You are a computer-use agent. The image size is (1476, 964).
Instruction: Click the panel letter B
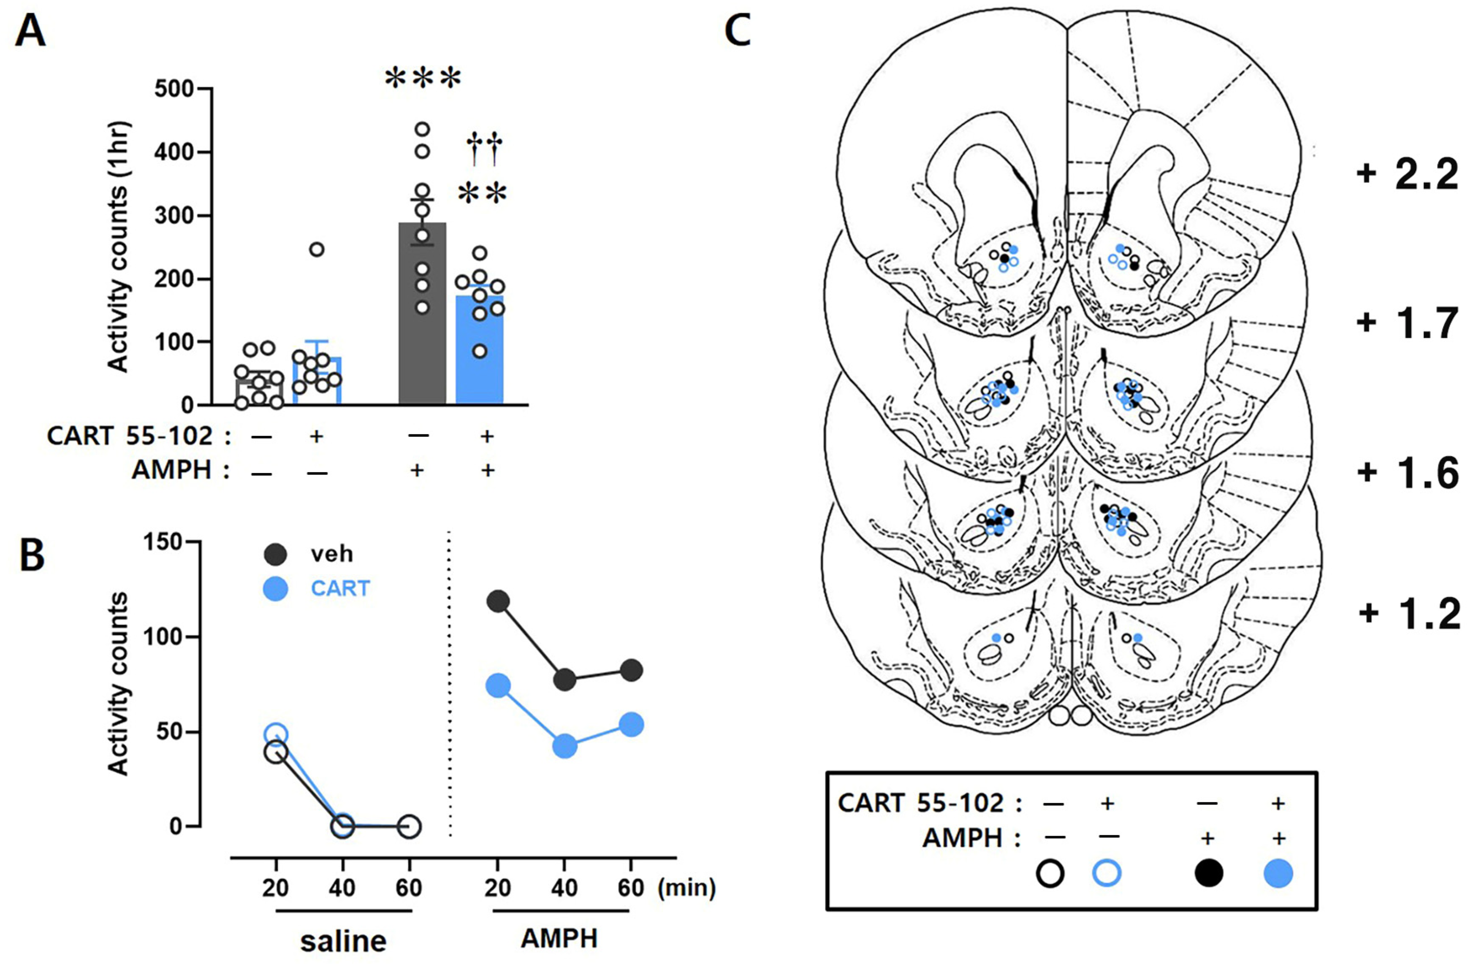[32, 556]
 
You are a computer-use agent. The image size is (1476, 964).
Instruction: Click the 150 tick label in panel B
[164, 542]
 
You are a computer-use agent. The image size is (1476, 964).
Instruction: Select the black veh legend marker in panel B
[275, 554]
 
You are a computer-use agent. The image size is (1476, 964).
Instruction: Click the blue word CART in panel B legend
[340, 588]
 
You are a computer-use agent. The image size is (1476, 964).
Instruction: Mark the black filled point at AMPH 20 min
[498, 601]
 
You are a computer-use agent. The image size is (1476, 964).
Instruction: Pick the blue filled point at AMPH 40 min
[564, 746]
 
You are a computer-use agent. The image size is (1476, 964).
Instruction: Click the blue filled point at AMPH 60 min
[631, 725]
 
